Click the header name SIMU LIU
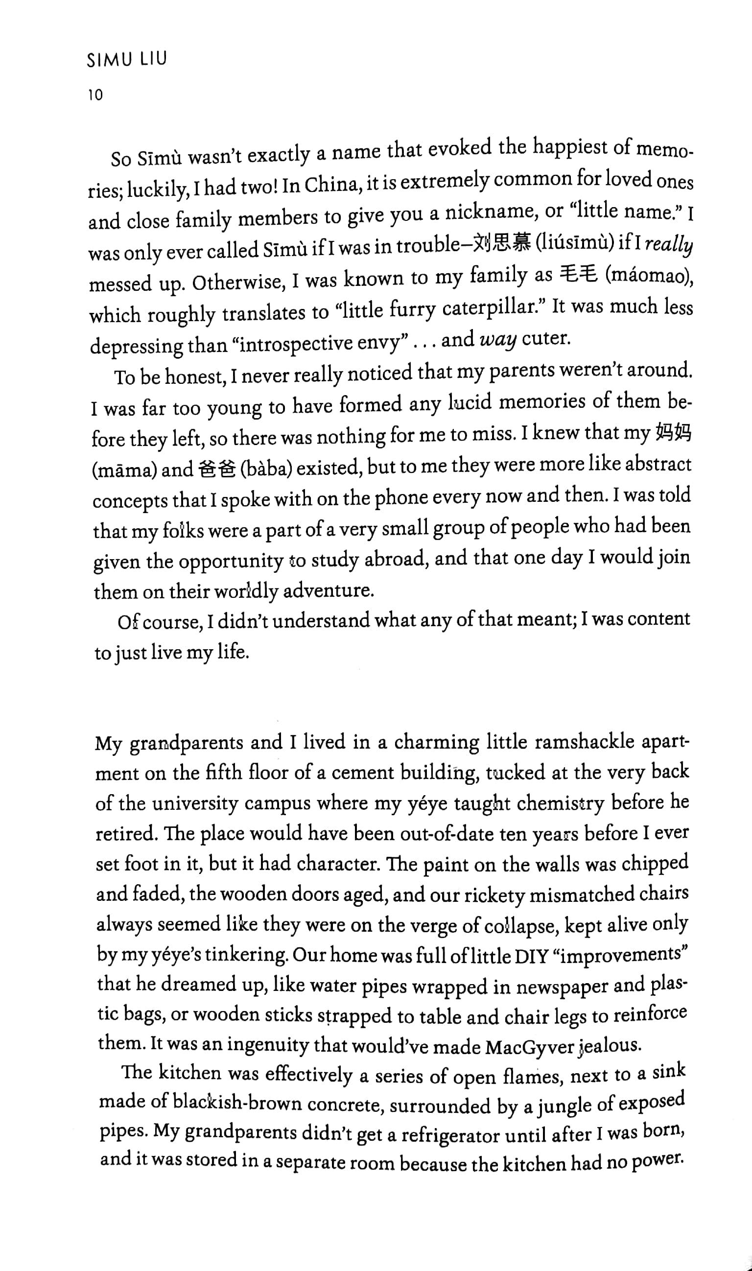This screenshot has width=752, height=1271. (127, 60)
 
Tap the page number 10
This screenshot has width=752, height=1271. (95, 95)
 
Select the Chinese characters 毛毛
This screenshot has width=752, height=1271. (580, 275)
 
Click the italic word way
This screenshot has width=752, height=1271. (497, 340)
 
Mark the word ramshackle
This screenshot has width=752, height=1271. (584, 742)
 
